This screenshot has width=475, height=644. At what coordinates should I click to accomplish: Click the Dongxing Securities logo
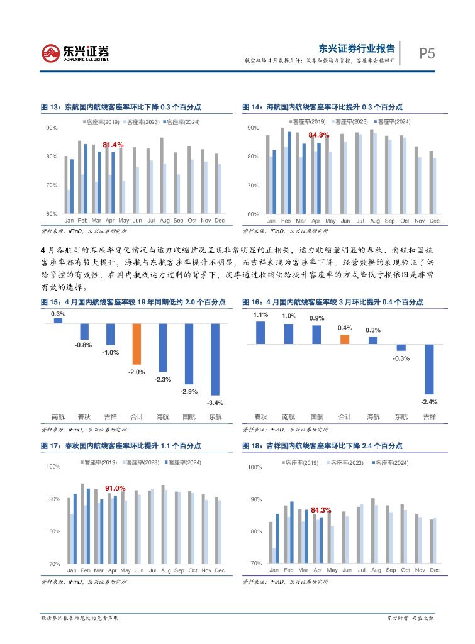tap(75, 53)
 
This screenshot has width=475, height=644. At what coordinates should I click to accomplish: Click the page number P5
tap(427, 54)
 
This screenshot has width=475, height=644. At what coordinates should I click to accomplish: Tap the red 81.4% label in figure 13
tap(113, 145)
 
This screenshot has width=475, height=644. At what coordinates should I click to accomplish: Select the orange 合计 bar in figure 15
tap(137, 344)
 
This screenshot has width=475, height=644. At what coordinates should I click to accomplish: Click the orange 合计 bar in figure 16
tap(345, 340)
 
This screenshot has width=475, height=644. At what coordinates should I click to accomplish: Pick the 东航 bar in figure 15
tap(215, 359)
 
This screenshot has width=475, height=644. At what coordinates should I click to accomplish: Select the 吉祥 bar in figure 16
tap(430, 369)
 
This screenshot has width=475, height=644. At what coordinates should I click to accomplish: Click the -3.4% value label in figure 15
tap(215, 402)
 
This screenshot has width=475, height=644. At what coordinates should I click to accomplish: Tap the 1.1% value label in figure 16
tap(260, 314)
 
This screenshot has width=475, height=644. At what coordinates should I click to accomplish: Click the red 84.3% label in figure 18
tap(320, 510)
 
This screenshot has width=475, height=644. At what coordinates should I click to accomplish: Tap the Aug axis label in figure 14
tap(376, 221)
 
